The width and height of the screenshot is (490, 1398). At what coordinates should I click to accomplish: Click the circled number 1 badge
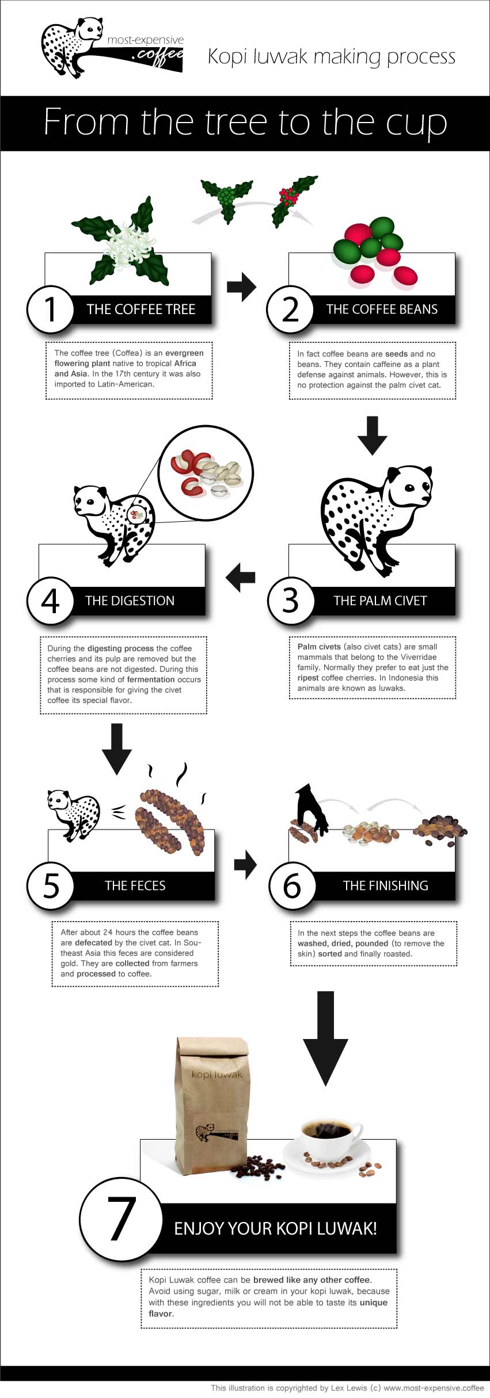tap(51, 310)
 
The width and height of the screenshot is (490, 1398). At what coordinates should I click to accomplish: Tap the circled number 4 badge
tap(51, 601)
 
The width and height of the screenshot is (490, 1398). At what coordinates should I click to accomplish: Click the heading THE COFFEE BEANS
tap(382, 310)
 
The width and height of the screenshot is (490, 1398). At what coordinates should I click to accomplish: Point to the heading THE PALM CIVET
tap(380, 601)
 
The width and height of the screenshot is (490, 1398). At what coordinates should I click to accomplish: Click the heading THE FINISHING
tap(385, 885)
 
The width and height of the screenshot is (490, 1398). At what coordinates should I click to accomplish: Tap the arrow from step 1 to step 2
tap(241, 286)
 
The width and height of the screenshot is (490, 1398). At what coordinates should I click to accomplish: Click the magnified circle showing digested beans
tap(206, 473)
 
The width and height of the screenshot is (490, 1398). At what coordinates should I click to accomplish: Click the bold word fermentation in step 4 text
tap(151, 679)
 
